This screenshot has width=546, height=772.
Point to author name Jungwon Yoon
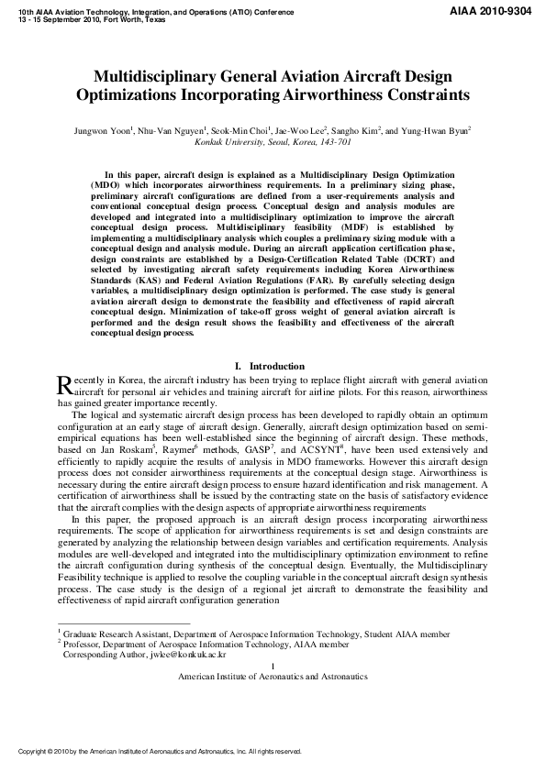click(x=102, y=131)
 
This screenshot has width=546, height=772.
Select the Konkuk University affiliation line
click(x=273, y=143)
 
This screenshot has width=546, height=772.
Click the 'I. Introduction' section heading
click(x=272, y=366)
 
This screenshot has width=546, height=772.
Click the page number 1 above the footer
click(x=273, y=666)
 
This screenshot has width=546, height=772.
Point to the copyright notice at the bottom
click(x=161, y=751)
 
